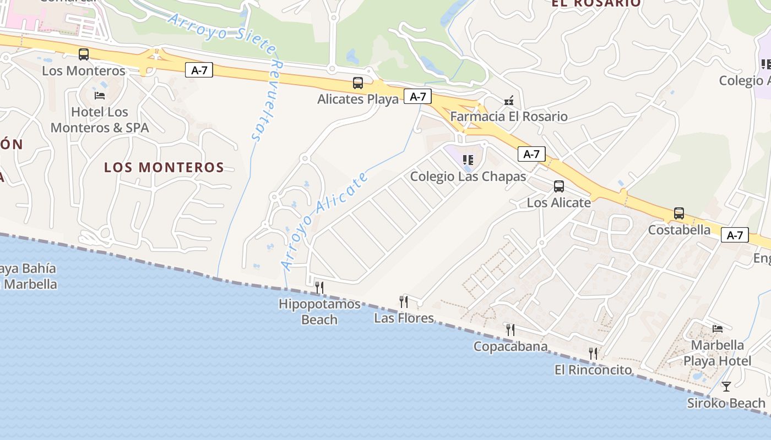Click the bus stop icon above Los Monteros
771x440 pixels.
84,54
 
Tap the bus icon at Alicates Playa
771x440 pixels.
358,84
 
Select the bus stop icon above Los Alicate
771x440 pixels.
559,186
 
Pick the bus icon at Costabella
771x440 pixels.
679,213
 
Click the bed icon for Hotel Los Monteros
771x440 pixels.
100,96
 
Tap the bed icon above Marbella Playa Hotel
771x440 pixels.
718,329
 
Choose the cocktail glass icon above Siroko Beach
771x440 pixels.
726,386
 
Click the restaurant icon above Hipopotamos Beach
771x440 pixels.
319,287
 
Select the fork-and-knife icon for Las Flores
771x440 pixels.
404,301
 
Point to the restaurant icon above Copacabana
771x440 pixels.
511,330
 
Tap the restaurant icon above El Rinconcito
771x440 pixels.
593,353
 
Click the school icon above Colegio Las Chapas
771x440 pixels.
468,160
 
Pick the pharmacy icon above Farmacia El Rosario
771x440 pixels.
509,101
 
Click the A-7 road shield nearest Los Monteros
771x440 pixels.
199,70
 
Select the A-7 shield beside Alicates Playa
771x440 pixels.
417,97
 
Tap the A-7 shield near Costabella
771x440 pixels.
735,235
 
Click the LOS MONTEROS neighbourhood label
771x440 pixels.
164,167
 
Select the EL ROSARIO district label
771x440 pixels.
596,3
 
